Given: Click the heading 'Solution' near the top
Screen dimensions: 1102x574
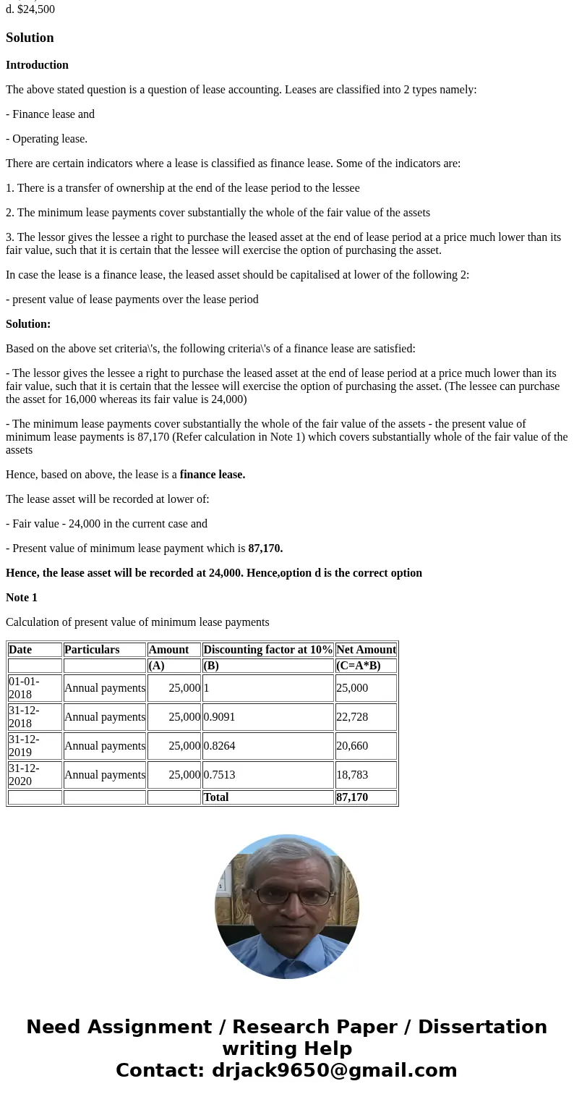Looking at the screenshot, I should tap(30, 38).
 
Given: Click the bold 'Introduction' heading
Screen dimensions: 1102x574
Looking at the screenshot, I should tap(37, 65).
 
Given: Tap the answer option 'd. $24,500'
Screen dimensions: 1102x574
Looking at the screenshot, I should tap(30, 9).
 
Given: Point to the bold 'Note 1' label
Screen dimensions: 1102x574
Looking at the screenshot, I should tap(22, 598).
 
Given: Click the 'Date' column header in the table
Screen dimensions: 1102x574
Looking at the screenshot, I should tap(20, 650).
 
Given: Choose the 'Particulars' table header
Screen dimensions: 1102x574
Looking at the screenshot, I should tap(92, 650).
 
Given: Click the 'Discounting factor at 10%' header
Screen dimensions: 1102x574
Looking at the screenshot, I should tap(267, 650).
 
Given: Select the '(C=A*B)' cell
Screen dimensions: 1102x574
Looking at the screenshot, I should tap(359, 666).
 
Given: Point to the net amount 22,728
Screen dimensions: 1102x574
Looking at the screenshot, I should tap(352, 717).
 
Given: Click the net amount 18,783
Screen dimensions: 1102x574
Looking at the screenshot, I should tap(352, 775).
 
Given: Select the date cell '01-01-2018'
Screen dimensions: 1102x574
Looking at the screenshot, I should tap(25, 688).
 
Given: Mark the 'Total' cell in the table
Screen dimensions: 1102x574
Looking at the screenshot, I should tap(215, 797).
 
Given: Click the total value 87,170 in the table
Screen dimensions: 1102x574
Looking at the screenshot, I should tap(352, 797).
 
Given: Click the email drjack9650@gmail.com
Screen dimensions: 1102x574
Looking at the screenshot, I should tap(334, 1071).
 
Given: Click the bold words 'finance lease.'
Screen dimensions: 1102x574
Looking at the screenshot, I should tap(213, 475).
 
